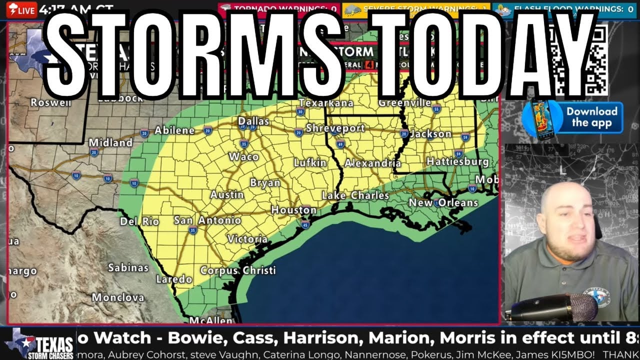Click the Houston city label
(x=293, y=210)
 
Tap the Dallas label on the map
(x=253, y=121)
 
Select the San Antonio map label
(x=207, y=220)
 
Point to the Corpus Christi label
(x=238, y=270)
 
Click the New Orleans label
(x=443, y=202)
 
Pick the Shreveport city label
(x=335, y=128)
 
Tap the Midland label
(x=110, y=142)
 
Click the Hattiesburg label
(x=457, y=161)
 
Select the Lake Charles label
(x=355, y=195)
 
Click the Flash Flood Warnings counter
(x=565, y=8)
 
